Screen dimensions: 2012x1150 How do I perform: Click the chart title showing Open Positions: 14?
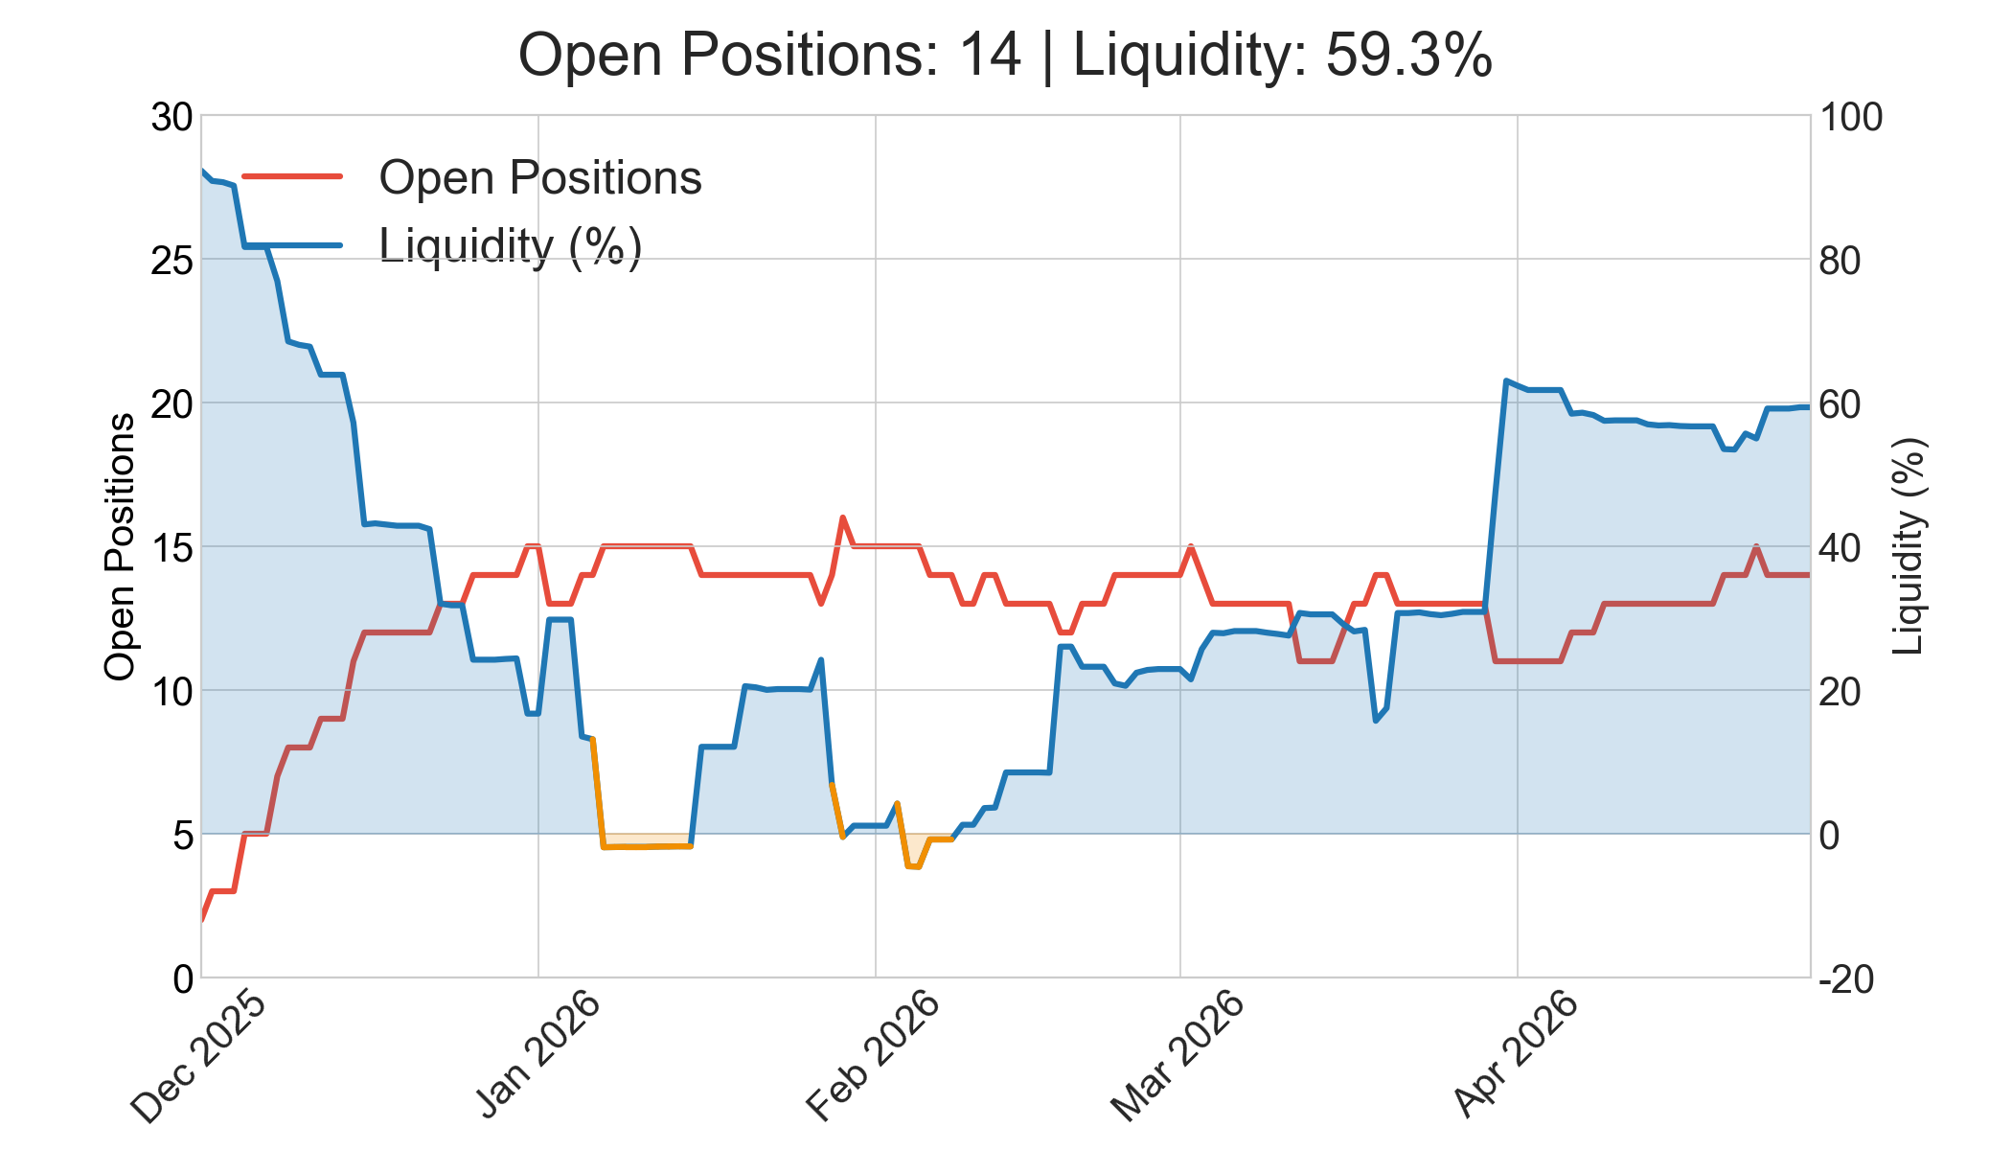coord(1005,55)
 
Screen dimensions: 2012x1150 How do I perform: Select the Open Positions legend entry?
coord(472,177)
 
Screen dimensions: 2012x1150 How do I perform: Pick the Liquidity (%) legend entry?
coord(443,245)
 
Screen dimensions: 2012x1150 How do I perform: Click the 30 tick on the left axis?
coord(172,117)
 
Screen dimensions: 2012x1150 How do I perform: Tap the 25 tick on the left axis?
coord(172,261)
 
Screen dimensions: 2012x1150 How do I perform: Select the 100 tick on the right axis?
coord(1850,117)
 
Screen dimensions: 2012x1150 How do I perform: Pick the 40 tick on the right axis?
coord(1840,548)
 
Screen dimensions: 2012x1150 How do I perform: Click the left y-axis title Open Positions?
coord(120,547)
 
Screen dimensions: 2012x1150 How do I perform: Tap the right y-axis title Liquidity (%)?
coord(1909,547)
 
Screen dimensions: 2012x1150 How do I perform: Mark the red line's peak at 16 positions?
coord(842,517)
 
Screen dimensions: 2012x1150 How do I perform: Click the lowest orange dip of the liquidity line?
coord(912,866)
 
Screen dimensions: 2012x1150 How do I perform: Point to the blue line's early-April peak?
coord(1506,380)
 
